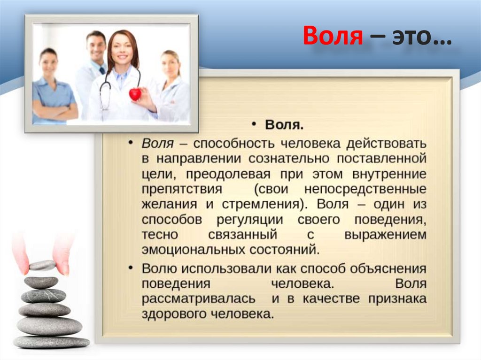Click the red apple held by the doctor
pos(135,94)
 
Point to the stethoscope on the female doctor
pos(106,92)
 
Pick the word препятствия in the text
pos(181,190)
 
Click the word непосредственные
pos(365,190)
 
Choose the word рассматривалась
pos(199,299)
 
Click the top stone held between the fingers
pos(42,266)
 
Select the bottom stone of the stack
pos(51,341)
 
